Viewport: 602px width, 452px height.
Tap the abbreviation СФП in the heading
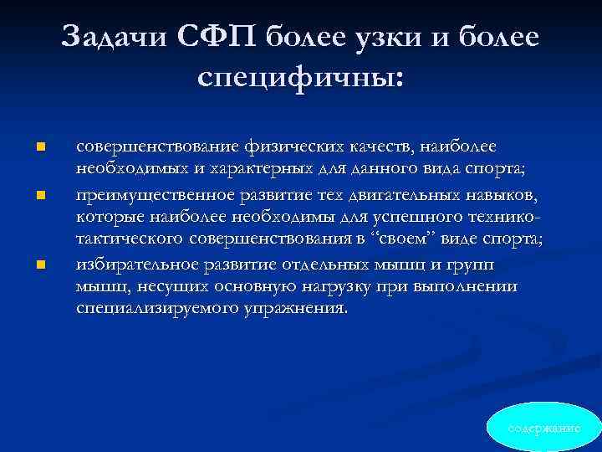222,38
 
